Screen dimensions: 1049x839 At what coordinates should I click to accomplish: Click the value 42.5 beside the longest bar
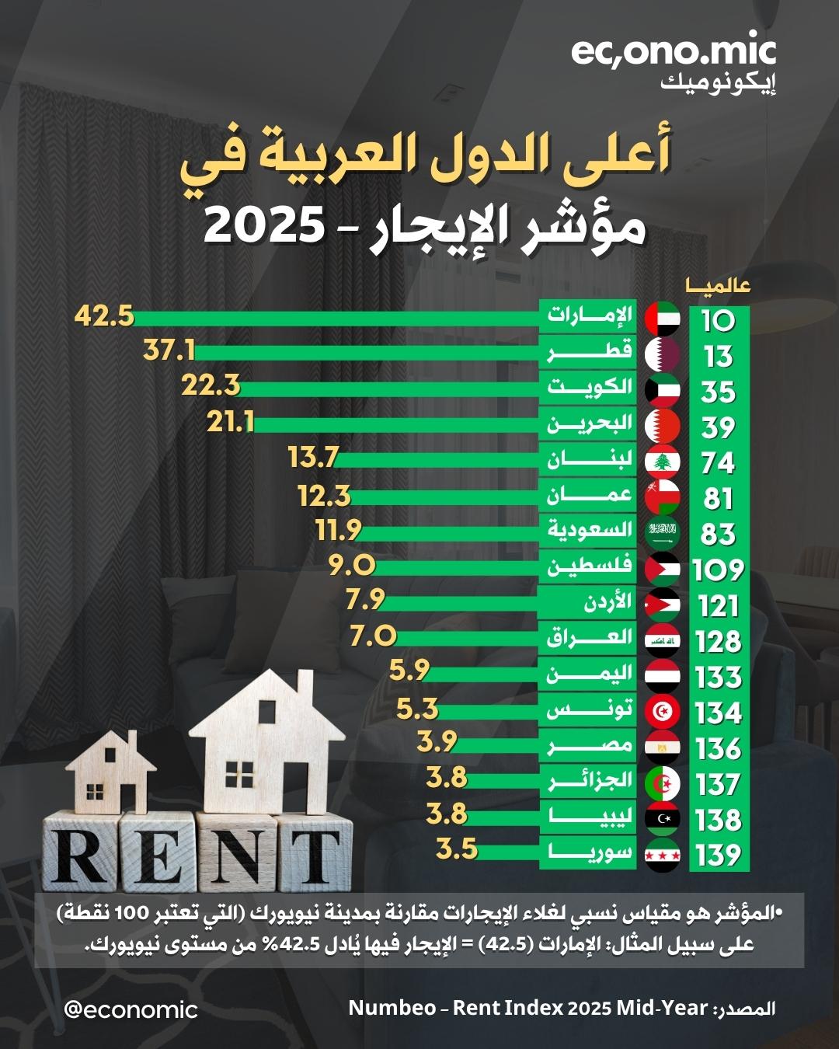104,317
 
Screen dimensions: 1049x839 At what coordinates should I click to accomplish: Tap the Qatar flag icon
663,354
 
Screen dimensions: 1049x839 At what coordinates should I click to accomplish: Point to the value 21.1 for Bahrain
231,422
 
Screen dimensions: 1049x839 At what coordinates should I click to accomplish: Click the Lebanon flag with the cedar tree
663,462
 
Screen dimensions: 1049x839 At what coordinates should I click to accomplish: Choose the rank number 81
718,498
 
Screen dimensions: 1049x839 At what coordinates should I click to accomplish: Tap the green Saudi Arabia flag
663,533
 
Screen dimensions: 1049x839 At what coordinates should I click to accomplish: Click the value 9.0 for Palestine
352,565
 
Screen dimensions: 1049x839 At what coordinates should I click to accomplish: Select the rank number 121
718,605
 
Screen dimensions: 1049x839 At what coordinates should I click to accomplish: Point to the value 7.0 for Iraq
373,636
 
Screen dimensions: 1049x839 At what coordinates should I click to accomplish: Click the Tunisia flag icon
663,712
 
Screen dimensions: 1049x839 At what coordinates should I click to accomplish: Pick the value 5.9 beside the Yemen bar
409,670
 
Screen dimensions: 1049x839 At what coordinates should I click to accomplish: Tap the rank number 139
718,856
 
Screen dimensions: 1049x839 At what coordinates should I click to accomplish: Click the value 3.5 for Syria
457,849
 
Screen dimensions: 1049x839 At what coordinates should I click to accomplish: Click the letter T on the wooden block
315,857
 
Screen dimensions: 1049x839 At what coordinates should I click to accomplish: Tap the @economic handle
131,1009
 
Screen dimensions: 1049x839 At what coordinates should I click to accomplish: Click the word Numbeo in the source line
392,1008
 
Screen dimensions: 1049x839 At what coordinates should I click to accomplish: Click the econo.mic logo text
673,53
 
